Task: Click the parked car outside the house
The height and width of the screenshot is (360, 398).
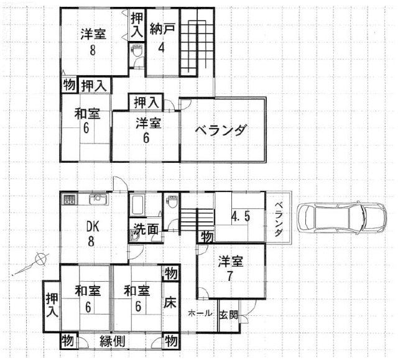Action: point(343,218)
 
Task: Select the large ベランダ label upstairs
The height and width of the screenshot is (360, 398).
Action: point(221,130)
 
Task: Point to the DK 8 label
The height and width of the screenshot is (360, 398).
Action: point(91,233)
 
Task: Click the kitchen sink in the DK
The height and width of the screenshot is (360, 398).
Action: point(99,199)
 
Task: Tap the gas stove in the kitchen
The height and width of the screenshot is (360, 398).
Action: point(69,200)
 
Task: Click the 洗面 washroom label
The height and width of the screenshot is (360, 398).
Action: point(146,229)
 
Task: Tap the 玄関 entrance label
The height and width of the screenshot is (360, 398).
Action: point(229,315)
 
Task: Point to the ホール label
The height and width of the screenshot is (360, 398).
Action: point(200,313)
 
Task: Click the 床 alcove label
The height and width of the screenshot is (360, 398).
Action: point(170,302)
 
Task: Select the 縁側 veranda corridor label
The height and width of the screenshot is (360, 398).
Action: point(112,341)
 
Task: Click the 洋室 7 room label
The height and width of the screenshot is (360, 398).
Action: point(231,269)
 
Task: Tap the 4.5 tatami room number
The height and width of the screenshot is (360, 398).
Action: point(241,216)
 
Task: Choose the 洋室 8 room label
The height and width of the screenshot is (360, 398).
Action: point(93,42)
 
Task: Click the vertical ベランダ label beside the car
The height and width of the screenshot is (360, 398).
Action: point(279,219)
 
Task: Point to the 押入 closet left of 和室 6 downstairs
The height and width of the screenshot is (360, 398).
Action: point(52,305)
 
